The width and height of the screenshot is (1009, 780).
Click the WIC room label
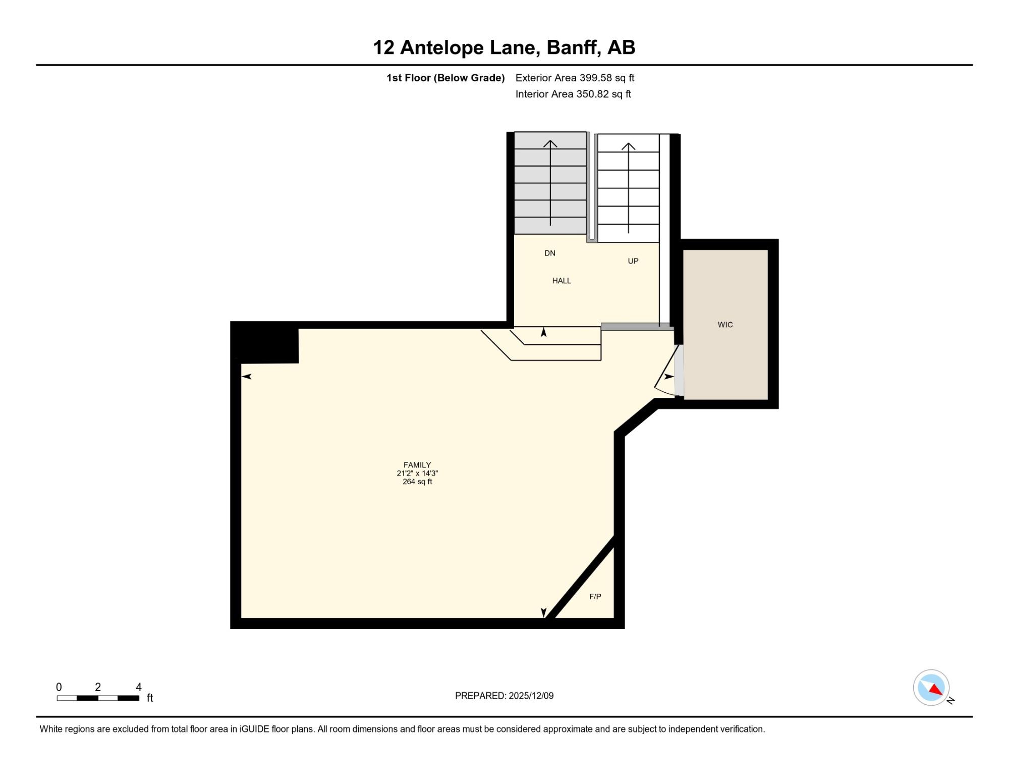coord(725,325)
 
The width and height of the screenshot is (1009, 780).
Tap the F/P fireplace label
coord(595,596)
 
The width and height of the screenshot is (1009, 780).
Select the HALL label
coord(562,281)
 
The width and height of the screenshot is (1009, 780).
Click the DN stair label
coord(550,253)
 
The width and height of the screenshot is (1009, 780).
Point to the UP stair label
coord(633,261)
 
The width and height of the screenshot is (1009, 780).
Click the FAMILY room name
coord(417,465)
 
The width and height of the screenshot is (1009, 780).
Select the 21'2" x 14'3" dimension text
coord(417,473)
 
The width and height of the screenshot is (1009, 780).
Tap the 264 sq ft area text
coord(417,482)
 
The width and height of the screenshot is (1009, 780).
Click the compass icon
coord(931,688)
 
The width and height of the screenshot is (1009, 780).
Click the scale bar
coord(98,698)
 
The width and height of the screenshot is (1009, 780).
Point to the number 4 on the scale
coord(139,687)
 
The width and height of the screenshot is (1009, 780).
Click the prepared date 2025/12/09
coord(531,696)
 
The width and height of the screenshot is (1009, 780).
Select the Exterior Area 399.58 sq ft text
coord(575,78)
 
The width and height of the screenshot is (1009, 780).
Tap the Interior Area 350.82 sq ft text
coord(573,94)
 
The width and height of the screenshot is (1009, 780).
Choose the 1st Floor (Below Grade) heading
coord(445,78)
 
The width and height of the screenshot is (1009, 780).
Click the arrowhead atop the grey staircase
coord(550,144)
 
